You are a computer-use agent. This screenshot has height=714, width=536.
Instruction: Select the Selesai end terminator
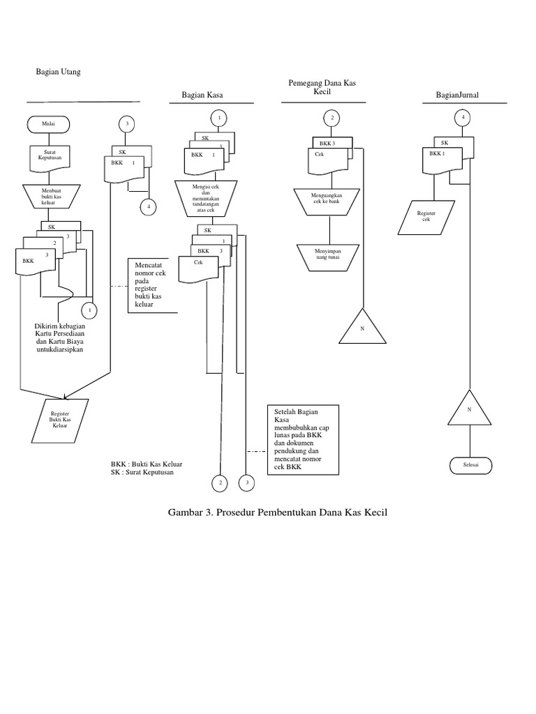tap(469, 465)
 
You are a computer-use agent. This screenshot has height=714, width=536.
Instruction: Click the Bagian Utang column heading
tap(59, 73)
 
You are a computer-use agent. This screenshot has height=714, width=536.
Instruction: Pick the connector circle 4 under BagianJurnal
tap(463, 119)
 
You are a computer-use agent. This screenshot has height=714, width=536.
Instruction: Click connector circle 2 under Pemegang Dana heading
tap(333, 119)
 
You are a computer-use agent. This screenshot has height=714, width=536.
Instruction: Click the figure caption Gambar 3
tap(277, 512)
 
